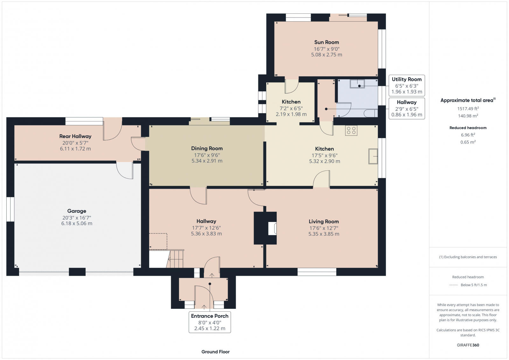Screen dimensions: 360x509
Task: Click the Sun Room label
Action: (326, 42)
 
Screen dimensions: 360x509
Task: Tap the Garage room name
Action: (77, 211)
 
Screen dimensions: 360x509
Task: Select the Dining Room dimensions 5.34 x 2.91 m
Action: (207, 161)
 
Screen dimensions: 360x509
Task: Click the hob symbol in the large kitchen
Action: (351, 130)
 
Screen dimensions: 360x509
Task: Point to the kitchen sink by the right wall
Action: (373, 156)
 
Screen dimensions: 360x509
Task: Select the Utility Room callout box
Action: (407, 85)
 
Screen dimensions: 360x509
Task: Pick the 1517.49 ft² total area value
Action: (468, 108)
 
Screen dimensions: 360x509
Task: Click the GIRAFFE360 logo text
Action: (468, 345)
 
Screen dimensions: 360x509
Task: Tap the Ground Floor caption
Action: (215, 352)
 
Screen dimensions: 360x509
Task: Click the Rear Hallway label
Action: (75, 136)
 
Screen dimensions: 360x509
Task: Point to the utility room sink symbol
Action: (357, 84)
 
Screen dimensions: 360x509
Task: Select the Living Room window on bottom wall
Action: (317, 272)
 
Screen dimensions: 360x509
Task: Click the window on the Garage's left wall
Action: (10, 209)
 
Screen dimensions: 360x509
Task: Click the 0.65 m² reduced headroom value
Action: (468, 142)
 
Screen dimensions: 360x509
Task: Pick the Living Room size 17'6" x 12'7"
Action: (324, 228)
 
